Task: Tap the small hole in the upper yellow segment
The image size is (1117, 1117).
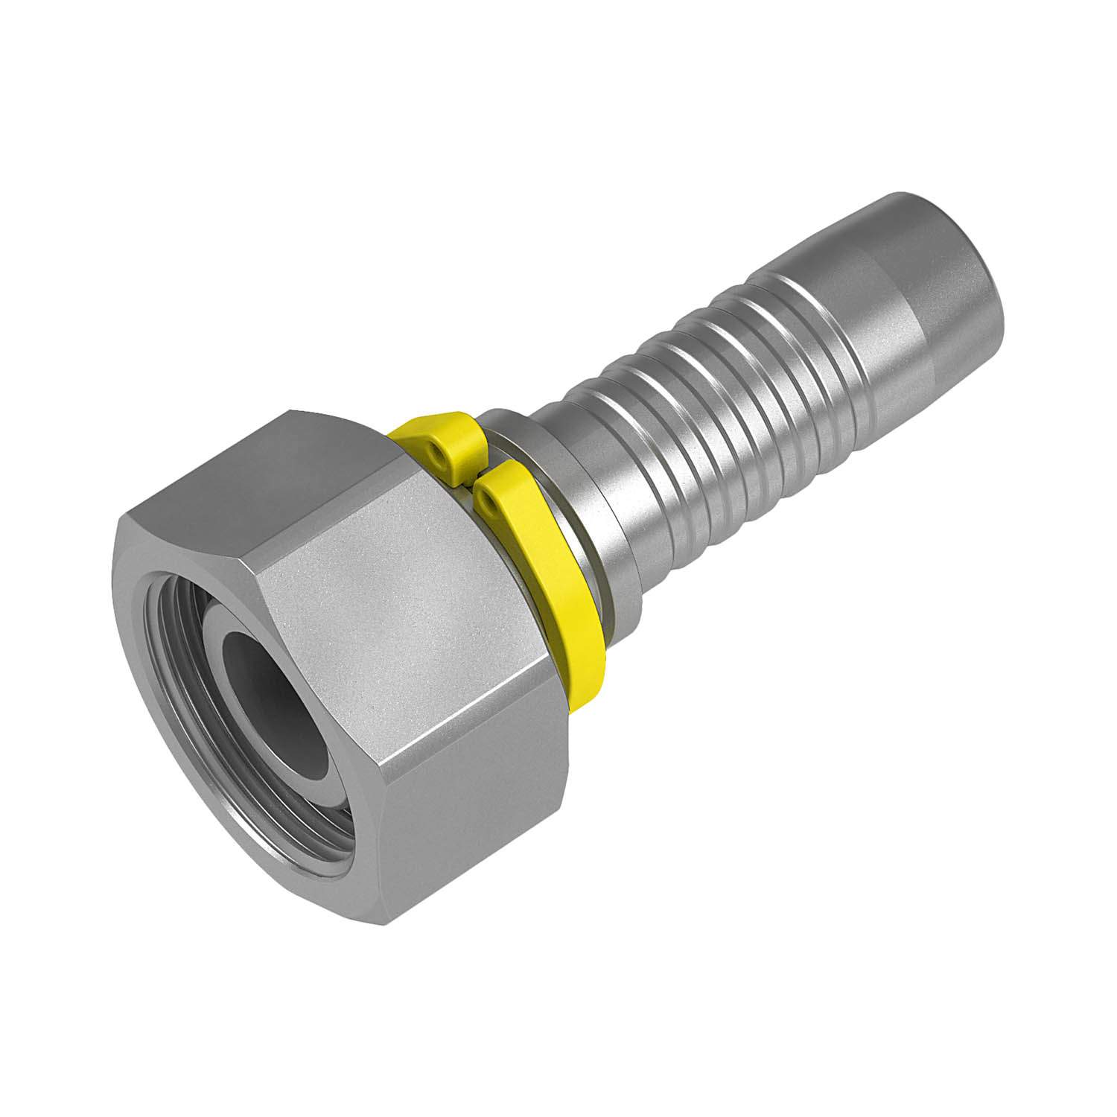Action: pos(436,450)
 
